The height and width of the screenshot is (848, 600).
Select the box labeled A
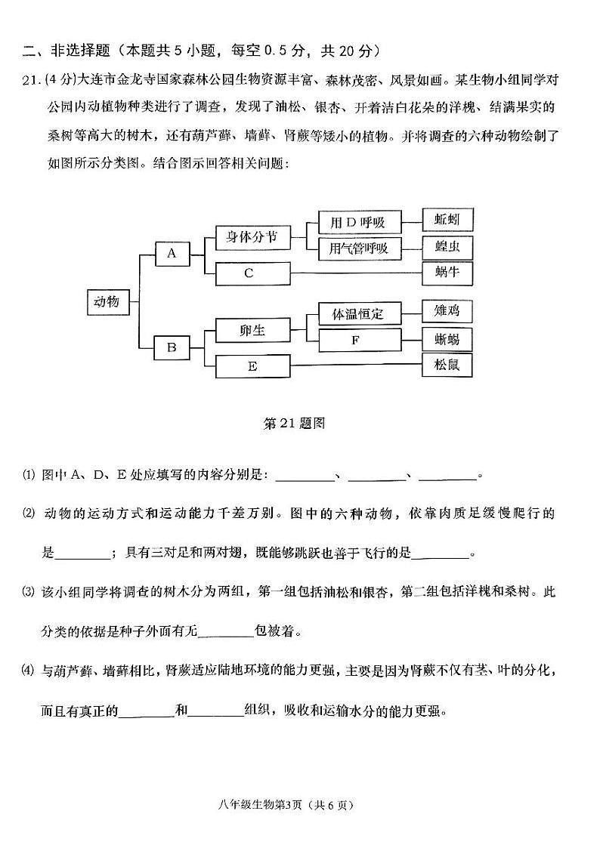(x=172, y=254)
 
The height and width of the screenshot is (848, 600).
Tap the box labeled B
(x=172, y=348)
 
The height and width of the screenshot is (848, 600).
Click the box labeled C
(x=252, y=273)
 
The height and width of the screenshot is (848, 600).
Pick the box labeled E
(x=252, y=366)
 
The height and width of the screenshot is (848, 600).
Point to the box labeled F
(x=355, y=340)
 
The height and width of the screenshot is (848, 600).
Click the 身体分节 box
(x=252, y=238)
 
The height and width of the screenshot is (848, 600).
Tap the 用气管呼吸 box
(x=354, y=248)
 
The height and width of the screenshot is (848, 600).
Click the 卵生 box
(x=252, y=331)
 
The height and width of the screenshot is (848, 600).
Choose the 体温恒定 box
(x=355, y=313)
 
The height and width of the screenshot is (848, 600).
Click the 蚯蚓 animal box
(x=447, y=220)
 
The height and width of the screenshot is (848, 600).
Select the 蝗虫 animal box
(x=447, y=247)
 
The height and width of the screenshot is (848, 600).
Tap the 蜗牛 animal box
(x=447, y=272)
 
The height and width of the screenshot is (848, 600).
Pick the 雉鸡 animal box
(x=447, y=310)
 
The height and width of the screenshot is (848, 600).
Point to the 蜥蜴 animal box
(x=447, y=338)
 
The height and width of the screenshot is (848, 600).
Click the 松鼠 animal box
(x=447, y=365)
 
